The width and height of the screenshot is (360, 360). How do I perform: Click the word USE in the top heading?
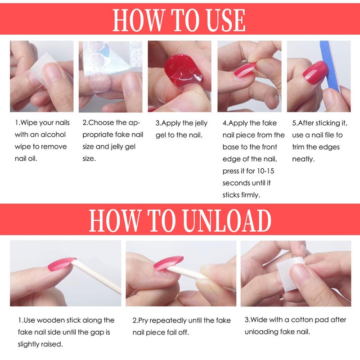(226, 20)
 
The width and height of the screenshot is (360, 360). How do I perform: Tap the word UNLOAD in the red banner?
(227, 220)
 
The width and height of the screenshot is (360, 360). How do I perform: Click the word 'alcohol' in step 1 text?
(53, 134)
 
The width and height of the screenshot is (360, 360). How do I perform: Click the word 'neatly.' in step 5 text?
(303, 159)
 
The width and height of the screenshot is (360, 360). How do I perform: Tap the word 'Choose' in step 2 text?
(101, 122)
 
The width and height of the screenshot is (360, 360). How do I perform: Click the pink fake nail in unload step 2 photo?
(168, 263)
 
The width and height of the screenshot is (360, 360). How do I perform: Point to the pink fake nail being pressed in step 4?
(244, 70)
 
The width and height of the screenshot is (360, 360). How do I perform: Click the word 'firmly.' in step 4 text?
(250, 195)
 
